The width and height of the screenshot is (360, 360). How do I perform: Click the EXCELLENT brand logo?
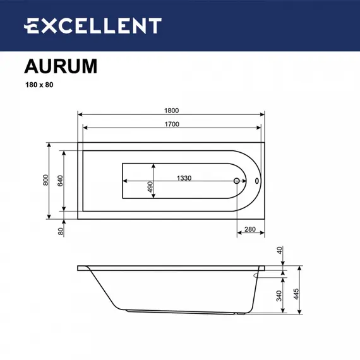[x=92, y=26]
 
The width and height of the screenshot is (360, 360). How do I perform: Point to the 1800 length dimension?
[x=170, y=109]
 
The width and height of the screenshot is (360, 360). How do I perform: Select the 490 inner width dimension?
[x=150, y=188]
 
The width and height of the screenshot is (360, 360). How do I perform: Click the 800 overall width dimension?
[x=45, y=181]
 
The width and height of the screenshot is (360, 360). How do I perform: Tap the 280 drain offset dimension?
[x=251, y=229]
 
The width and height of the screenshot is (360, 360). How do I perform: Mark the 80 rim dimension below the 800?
[x=61, y=231]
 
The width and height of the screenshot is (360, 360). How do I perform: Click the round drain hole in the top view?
[x=237, y=181]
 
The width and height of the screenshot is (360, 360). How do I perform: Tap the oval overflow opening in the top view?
[x=256, y=181]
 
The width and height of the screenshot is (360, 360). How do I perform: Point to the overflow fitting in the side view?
[x=260, y=273]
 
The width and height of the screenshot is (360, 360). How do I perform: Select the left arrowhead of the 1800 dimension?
[x=80, y=114]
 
